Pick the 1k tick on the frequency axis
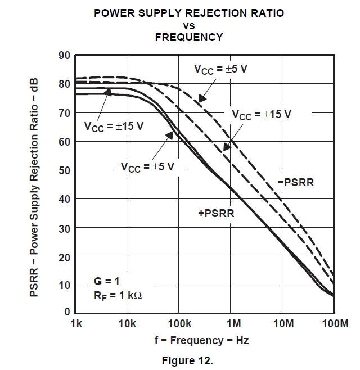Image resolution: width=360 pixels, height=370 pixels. pos(76,324)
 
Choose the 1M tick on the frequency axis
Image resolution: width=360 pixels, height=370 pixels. pos(233,324)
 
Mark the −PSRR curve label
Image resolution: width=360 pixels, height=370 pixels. pos(295,183)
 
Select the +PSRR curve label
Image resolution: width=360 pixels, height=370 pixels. pos(216,213)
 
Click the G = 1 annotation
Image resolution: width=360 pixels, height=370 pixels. pos(107,280)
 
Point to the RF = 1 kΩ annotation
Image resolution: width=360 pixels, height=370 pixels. pos(118,294)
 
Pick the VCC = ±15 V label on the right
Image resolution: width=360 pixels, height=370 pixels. pos(262,114)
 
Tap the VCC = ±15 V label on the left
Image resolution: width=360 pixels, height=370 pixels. pos(114,125)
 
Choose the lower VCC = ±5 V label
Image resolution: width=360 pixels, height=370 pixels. pos(147,166)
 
